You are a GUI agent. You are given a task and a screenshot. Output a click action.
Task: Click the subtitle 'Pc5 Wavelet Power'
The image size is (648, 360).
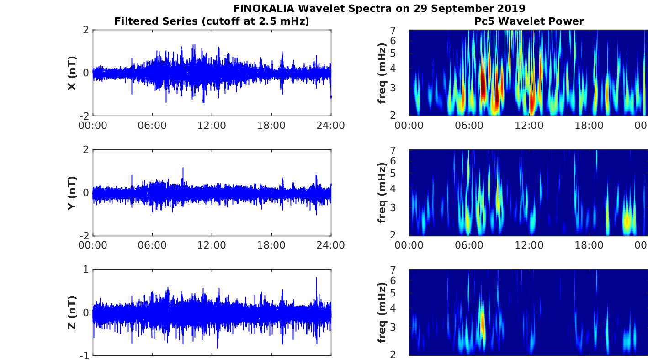click(x=529, y=21)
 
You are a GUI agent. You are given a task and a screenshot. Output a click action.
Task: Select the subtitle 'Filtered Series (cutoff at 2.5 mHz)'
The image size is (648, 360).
click(x=212, y=21)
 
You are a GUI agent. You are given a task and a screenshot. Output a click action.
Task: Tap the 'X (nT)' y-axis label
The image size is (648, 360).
click(x=72, y=73)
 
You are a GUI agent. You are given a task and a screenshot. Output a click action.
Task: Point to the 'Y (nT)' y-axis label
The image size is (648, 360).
click(x=72, y=193)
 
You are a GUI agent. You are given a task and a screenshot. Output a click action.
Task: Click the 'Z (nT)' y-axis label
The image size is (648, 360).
click(x=72, y=312)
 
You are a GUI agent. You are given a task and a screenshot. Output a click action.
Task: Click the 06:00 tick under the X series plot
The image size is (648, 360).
click(x=152, y=125)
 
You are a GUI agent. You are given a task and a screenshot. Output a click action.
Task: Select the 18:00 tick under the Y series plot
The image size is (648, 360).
click(x=271, y=245)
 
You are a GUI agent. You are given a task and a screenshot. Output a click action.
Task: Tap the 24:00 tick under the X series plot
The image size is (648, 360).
click(x=331, y=125)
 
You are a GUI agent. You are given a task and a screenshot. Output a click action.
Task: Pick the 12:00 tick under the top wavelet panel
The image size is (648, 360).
click(x=529, y=125)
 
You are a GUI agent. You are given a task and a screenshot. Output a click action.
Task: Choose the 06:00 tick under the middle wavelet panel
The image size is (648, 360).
click(x=469, y=245)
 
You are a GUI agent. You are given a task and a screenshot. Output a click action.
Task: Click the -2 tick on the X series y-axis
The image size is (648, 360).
click(x=85, y=116)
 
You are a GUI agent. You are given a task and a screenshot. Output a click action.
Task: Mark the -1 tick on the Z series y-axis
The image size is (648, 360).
click(x=85, y=355)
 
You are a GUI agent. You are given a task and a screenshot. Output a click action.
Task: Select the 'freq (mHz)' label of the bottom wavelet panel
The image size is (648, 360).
click(x=382, y=312)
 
